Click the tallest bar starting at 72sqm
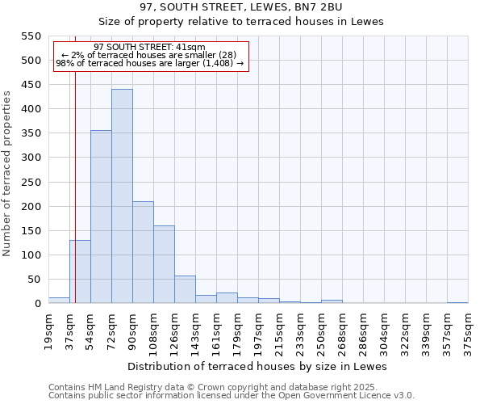pos(122,196)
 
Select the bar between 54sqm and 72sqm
pos(101,217)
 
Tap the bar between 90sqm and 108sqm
pos(143,252)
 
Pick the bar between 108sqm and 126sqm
pos(164,264)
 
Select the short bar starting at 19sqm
pos(59,300)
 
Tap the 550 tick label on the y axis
pos(31,36)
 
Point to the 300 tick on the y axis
pos(31,158)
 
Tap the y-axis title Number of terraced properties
pos(7,174)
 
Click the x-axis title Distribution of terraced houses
pos(257,366)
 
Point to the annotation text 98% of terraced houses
pos(149,64)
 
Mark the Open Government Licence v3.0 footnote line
pos(232,396)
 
